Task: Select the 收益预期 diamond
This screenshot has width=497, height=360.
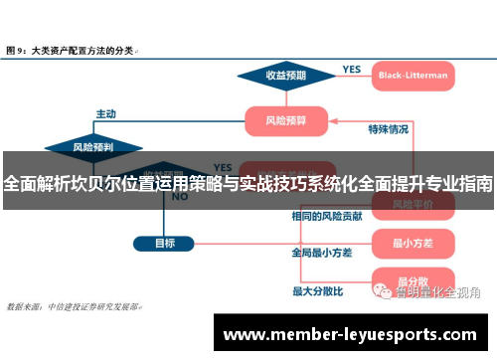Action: coord(285,75)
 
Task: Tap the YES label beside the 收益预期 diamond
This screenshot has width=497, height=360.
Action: coord(352,70)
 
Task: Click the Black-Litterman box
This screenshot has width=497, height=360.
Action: coord(412,75)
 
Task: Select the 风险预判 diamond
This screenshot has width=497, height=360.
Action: coord(92,147)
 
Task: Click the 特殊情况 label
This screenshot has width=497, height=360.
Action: coord(388,129)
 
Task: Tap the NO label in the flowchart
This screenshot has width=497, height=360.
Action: coord(180,197)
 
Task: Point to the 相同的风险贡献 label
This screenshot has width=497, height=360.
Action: coord(326,216)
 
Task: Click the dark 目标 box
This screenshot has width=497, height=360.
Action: coord(165,243)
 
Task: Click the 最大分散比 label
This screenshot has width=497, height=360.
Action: coord(317,291)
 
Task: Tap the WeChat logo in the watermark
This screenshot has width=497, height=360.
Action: coord(383,290)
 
